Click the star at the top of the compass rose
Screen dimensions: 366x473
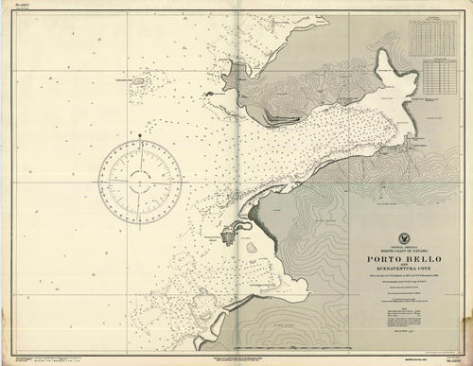tap(140, 136)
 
